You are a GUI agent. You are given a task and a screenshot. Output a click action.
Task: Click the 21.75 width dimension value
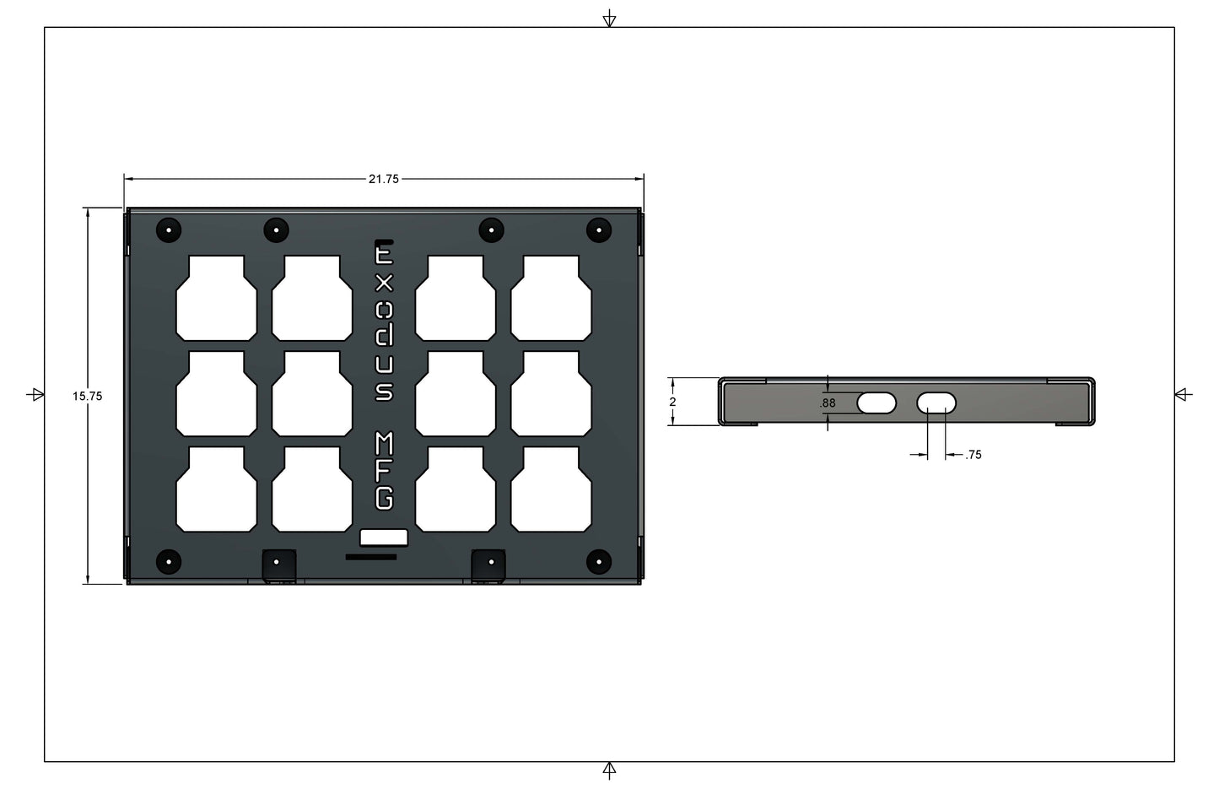[x=384, y=179]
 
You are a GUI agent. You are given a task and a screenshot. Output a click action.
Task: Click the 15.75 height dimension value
[x=88, y=397]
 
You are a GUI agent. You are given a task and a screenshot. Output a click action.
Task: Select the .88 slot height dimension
[x=828, y=403]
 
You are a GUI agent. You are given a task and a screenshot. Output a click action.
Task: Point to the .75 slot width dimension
[x=973, y=455]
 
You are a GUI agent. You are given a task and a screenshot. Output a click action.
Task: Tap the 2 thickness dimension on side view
[x=672, y=402]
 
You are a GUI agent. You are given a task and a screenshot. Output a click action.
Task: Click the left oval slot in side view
[x=876, y=403]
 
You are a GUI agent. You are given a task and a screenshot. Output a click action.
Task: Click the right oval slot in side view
[x=936, y=403]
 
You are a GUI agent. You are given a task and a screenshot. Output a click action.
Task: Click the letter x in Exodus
[x=384, y=284]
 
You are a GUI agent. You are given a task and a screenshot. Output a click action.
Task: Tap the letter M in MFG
[x=384, y=444]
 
